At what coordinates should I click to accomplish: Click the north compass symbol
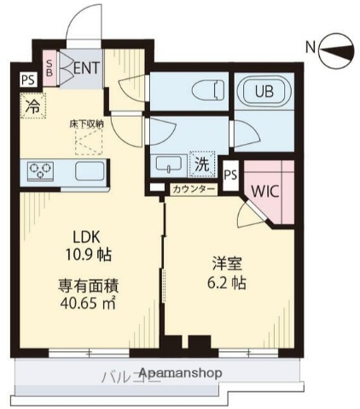tap(334, 48)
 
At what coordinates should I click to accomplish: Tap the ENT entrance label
tap(84, 66)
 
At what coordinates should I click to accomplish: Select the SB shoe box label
tap(49, 66)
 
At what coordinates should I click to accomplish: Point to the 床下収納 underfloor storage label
tap(87, 124)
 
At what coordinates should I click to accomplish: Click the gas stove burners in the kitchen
tap(40, 170)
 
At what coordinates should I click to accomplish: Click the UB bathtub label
tap(263, 90)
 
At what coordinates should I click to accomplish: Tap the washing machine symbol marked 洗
tap(203, 161)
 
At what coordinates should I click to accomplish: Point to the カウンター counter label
tap(194, 189)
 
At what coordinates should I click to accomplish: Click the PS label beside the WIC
tap(230, 175)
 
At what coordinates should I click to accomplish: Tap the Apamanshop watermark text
tap(179, 372)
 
